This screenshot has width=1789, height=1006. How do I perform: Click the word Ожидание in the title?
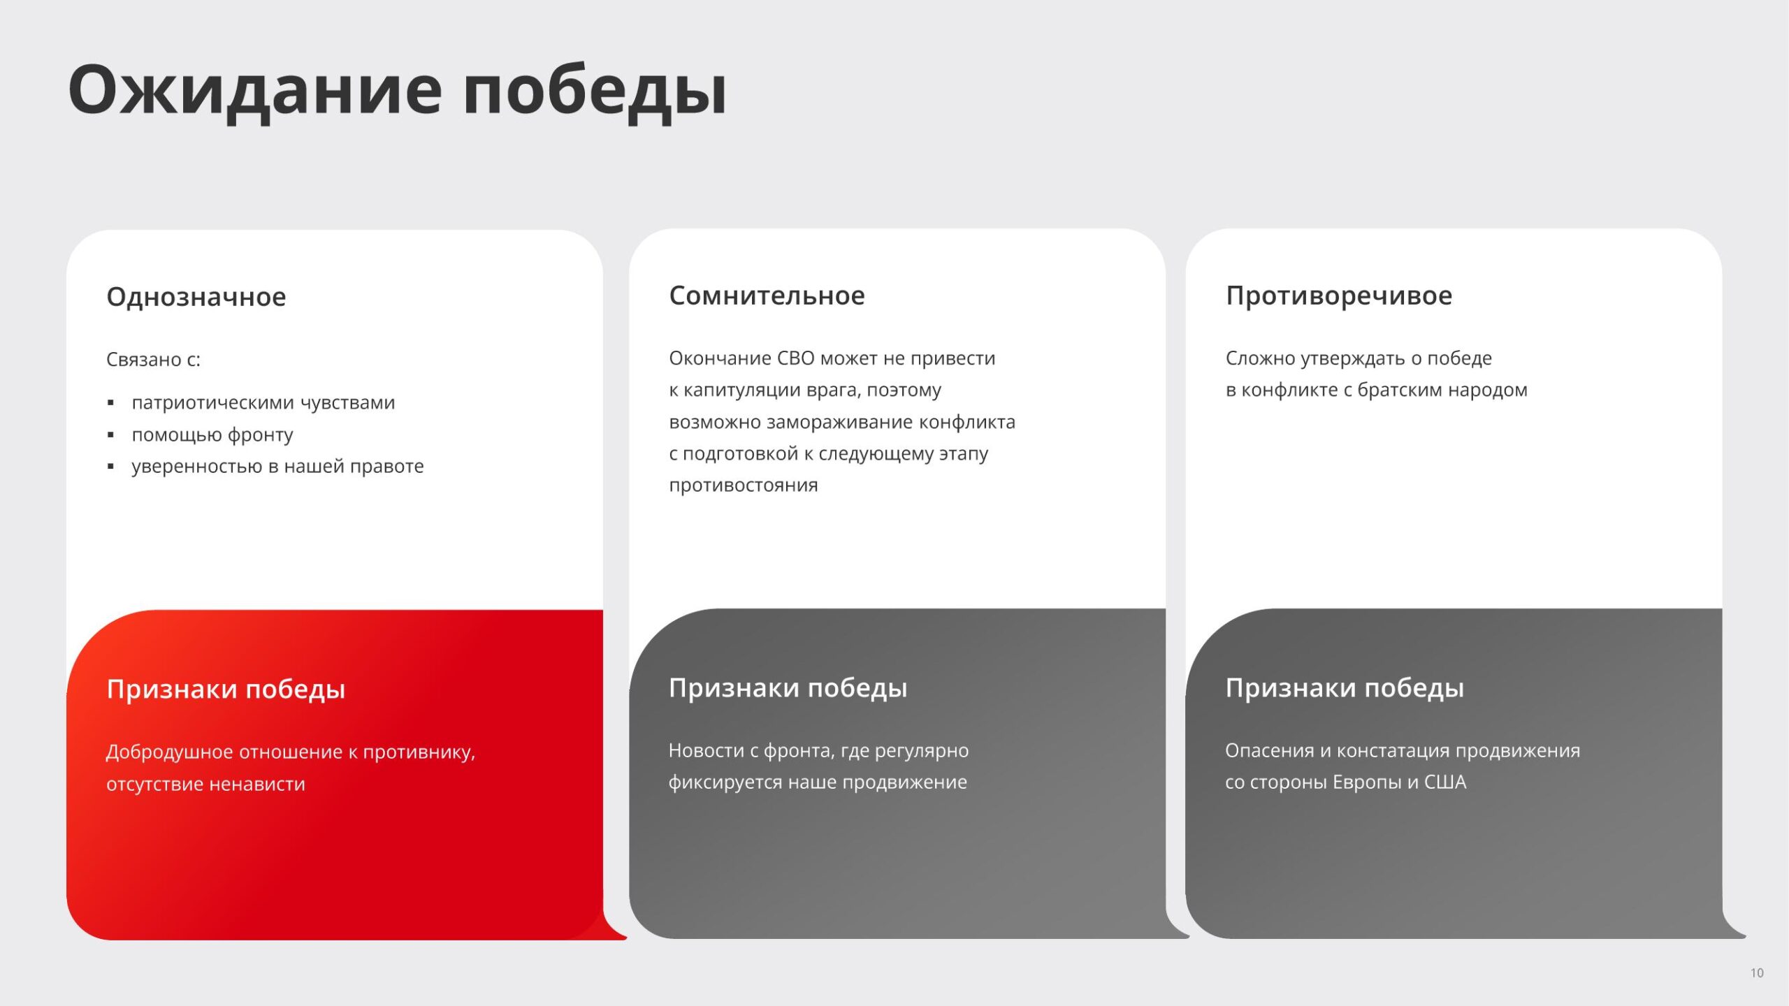point(255,92)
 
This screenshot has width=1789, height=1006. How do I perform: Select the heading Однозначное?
point(196,297)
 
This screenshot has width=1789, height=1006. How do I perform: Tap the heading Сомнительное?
point(767,296)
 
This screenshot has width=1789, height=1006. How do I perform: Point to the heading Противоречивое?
point(1339,296)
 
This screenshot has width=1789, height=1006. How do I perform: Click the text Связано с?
point(153,359)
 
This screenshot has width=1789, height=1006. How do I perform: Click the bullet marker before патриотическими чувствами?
point(110,403)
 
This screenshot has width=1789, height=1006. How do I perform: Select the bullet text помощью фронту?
point(212,435)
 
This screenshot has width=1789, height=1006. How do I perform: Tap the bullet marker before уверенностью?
point(110,467)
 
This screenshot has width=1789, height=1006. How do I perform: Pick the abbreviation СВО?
point(796,358)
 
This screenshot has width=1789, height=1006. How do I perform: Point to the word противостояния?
point(744,486)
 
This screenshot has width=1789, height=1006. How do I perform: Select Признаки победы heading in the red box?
point(226,690)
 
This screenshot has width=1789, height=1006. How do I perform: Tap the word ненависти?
point(257,784)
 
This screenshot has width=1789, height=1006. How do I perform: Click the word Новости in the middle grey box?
point(707,750)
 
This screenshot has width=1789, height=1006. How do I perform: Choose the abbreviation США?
point(1445,782)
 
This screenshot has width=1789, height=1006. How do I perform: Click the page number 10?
point(1757,972)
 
